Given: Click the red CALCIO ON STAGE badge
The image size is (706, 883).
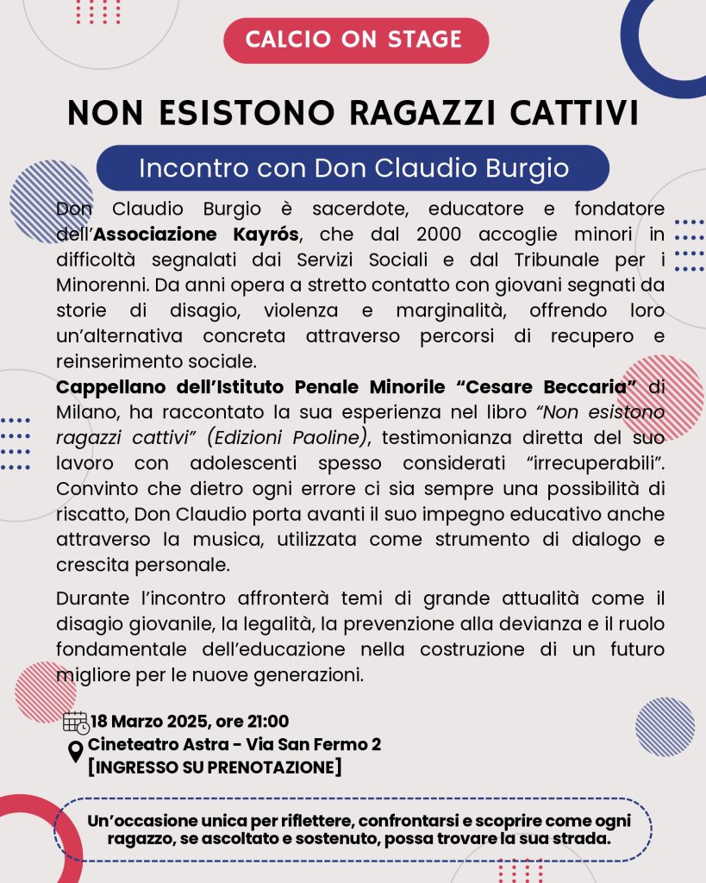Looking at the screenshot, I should point(355,40).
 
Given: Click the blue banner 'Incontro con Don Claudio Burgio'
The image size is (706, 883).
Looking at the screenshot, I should point(353,167).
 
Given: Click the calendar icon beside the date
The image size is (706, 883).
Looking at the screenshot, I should point(76,723).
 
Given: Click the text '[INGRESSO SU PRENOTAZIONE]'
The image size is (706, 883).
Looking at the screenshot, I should point(215,767).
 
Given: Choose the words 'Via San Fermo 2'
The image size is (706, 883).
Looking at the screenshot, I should point(313,744).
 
